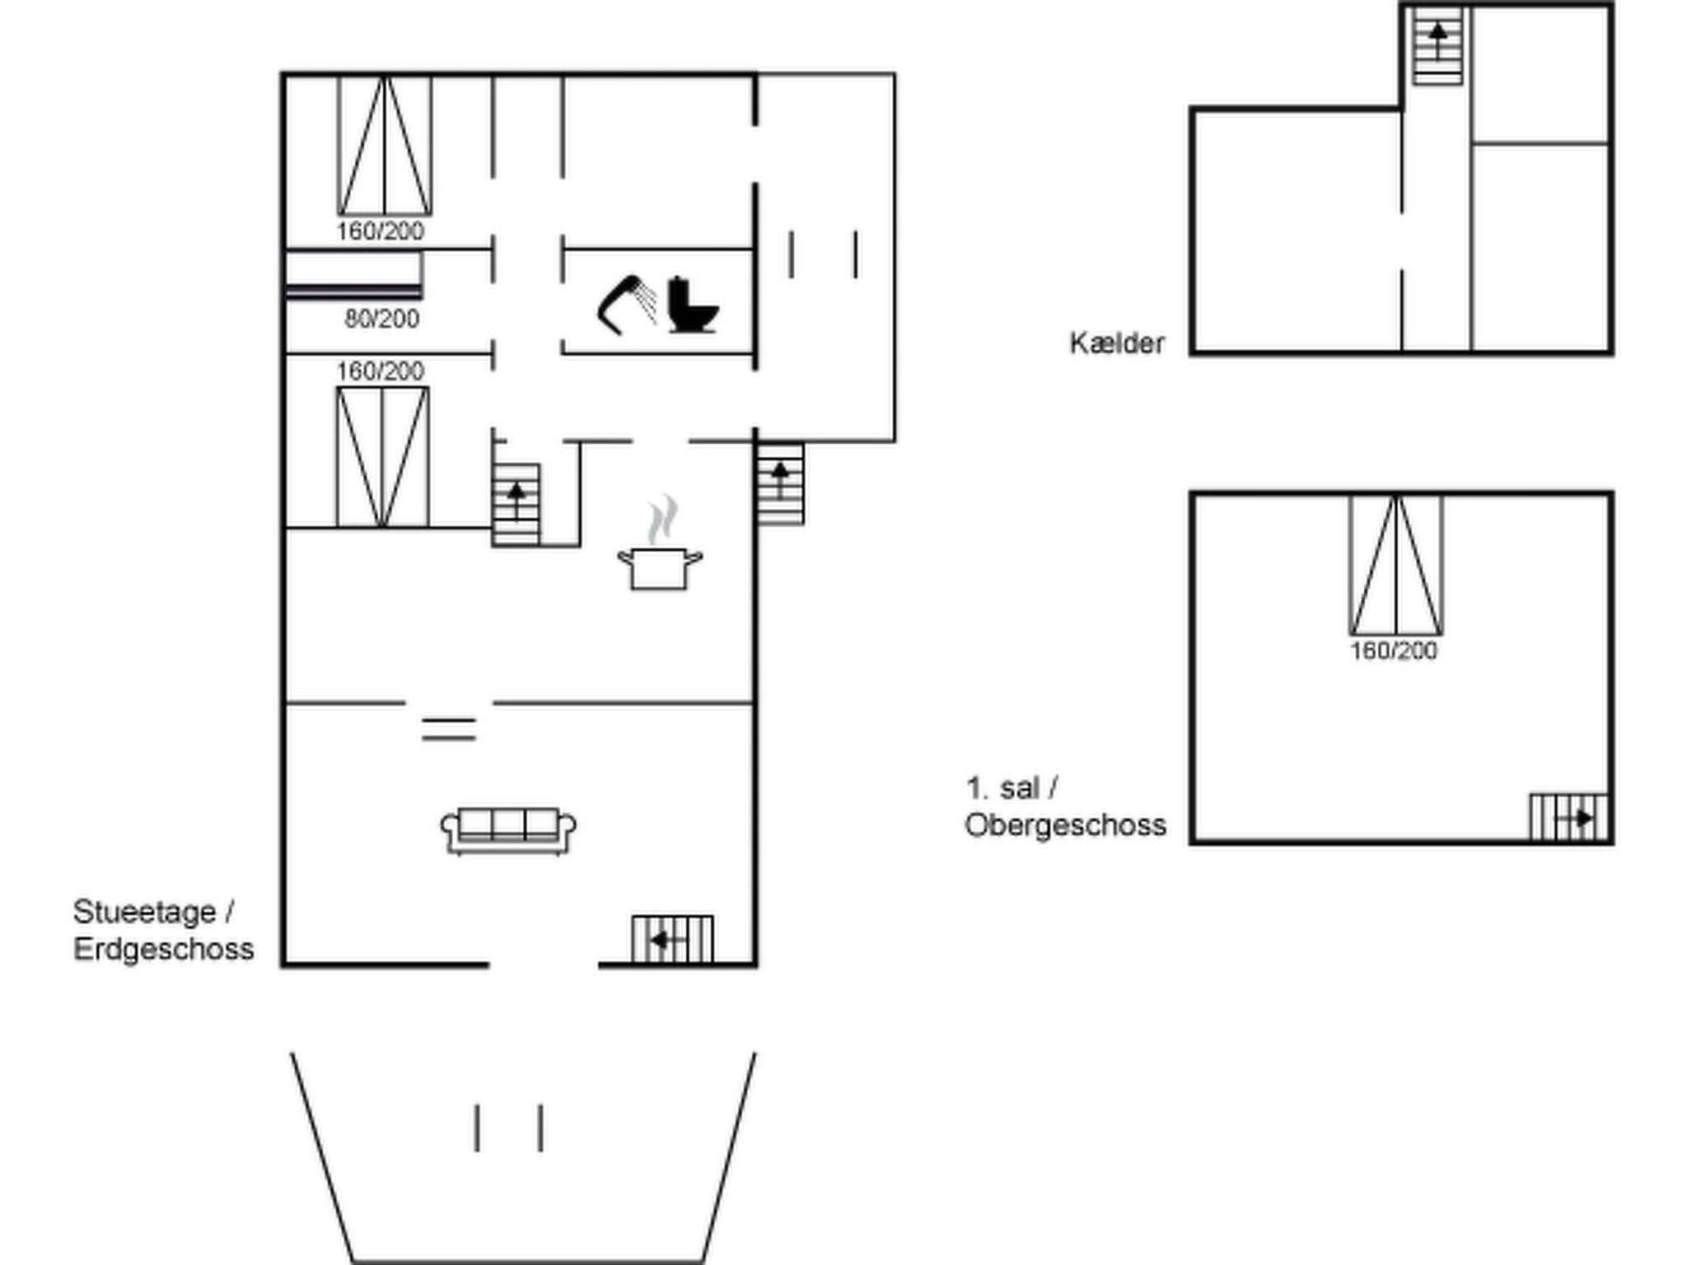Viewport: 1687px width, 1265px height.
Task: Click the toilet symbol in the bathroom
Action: pyautogui.click(x=692, y=305)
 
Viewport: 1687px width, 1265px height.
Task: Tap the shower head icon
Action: pyautogui.click(x=626, y=305)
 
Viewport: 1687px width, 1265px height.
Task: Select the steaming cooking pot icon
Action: pyautogui.click(x=660, y=544)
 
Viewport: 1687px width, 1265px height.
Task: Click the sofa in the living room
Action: pyautogui.click(x=508, y=830)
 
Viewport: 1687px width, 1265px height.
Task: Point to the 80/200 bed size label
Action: pyautogui.click(x=381, y=319)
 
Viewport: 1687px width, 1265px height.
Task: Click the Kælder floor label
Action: pyautogui.click(x=1116, y=343)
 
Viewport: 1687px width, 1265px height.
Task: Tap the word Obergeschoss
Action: pyautogui.click(x=1065, y=825)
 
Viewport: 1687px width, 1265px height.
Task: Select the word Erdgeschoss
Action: pyautogui.click(x=163, y=949)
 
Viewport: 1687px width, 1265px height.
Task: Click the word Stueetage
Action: pyautogui.click(x=144, y=912)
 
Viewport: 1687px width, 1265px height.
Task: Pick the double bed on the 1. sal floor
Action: pyautogui.click(x=1396, y=565)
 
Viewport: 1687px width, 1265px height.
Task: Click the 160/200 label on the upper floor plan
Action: pyautogui.click(x=1394, y=651)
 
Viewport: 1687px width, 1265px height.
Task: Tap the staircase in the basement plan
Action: pyautogui.click(x=1437, y=46)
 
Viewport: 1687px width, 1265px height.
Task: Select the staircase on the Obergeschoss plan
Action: pyautogui.click(x=1569, y=817)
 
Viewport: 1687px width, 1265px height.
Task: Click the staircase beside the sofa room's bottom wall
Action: pyautogui.click(x=672, y=939)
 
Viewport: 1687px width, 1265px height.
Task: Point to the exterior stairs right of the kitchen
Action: pyautogui.click(x=780, y=483)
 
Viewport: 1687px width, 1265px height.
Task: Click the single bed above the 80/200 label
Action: pyautogui.click(x=354, y=275)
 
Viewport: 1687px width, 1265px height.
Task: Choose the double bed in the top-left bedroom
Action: pyautogui.click(x=385, y=146)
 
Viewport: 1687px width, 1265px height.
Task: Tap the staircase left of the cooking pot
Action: pyautogui.click(x=516, y=505)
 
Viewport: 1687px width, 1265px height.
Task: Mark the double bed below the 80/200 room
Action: pyautogui.click(x=382, y=457)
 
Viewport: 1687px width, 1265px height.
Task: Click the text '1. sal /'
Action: pyautogui.click(x=1012, y=788)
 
